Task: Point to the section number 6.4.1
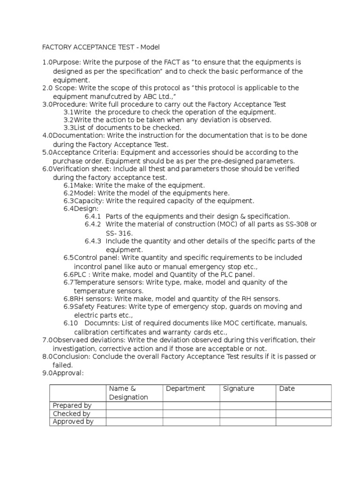[x=93, y=217]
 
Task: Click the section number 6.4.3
[x=93, y=241]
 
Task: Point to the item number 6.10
[x=71, y=323]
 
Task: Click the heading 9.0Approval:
[x=63, y=373]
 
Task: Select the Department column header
[x=185, y=389]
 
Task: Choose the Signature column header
[x=239, y=389]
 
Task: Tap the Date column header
[x=287, y=389]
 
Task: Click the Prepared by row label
[x=72, y=405]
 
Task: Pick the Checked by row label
[x=71, y=413]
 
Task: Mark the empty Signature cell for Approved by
[x=247, y=421]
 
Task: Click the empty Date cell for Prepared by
[x=303, y=405]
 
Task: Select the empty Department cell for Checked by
[x=191, y=413]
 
